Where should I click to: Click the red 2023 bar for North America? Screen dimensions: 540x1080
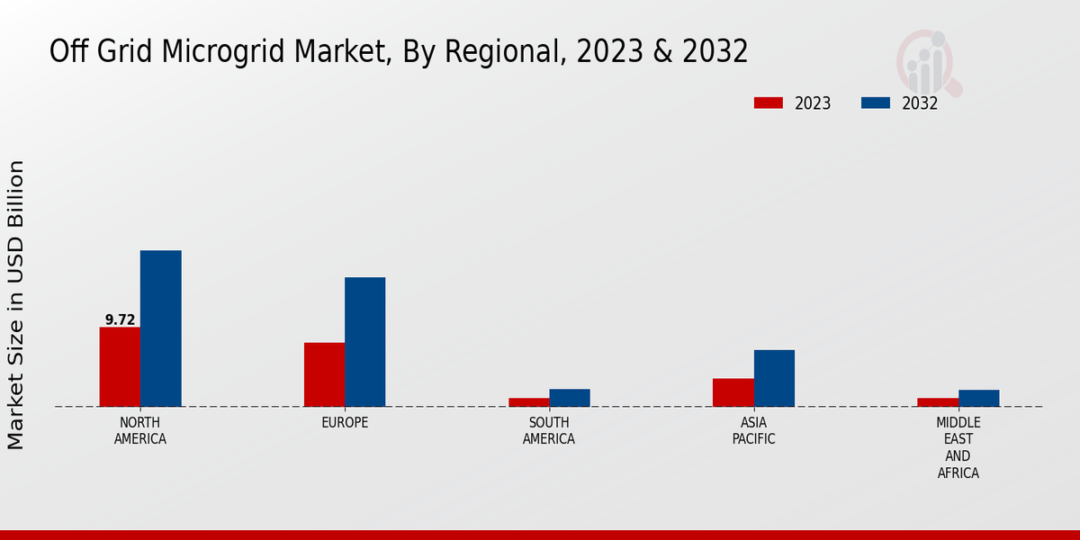(x=120, y=366)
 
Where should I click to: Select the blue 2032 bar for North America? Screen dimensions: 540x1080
(x=160, y=328)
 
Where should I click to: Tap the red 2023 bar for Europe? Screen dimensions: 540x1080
(x=324, y=374)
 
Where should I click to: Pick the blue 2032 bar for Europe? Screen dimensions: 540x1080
(x=364, y=342)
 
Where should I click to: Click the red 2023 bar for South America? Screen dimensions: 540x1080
(x=528, y=402)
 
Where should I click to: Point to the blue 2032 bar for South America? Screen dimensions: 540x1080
(x=570, y=398)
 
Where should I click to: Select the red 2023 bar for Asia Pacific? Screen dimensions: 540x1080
(x=733, y=392)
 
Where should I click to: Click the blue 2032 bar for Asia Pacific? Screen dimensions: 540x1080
(x=774, y=378)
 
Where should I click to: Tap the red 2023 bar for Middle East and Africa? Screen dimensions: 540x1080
(x=938, y=402)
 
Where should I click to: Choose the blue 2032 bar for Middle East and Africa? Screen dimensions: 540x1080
(x=978, y=398)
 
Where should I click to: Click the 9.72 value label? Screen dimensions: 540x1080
(x=120, y=319)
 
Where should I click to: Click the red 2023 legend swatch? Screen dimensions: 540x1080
(x=768, y=103)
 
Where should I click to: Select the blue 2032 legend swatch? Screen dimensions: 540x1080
(x=875, y=103)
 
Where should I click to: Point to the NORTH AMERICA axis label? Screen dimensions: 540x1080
(x=140, y=431)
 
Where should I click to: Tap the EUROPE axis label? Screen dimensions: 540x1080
(x=345, y=423)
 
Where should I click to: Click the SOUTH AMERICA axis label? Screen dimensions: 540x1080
(x=549, y=431)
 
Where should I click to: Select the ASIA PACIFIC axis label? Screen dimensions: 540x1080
(x=753, y=431)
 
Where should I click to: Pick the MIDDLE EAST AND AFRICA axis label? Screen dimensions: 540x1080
(x=958, y=448)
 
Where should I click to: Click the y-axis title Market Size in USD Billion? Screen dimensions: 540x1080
(x=16, y=304)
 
